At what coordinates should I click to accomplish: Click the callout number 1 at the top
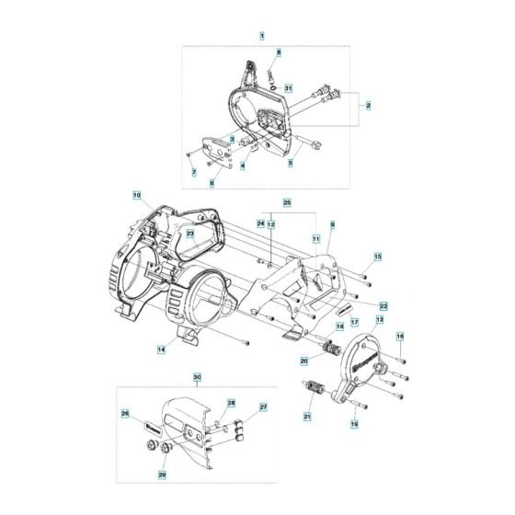click(x=262, y=35)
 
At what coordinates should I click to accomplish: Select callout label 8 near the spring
click(x=279, y=53)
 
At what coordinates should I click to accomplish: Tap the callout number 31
click(x=288, y=88)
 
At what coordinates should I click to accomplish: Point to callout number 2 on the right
click(x=368, y=107)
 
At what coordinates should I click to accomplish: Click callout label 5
click(x=290, y=163)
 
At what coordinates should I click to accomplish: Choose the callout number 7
click(x=194, y=172)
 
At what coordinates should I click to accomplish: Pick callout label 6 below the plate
click(x=211, y=183)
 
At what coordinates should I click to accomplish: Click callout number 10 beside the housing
click(x=136, y=195)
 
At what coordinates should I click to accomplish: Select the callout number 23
click(x=190, y=234)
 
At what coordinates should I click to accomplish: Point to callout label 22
click(x=383, y=305)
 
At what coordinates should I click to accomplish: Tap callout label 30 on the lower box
click(x=196, y=378)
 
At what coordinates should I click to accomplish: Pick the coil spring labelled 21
click(x=314, y=389)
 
